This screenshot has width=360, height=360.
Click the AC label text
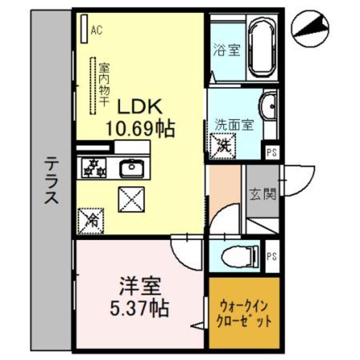[x=96, y=30]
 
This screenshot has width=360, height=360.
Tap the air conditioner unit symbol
[x=84, y=29]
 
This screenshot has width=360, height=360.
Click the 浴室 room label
[x=227, y=50]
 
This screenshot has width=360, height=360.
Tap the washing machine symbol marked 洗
[x=222, y=145]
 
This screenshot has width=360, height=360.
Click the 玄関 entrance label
[x=262, y=195]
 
